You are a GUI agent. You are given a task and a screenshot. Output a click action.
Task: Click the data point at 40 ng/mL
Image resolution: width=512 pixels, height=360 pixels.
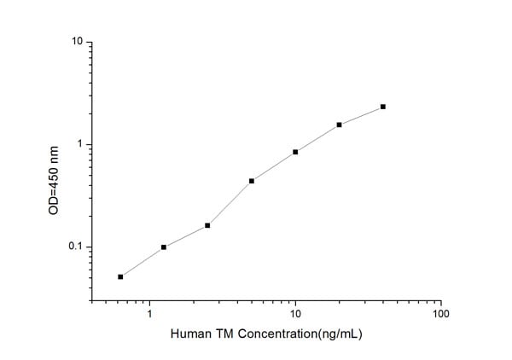click(383, 107)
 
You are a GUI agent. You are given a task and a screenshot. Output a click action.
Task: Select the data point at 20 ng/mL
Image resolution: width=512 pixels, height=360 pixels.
click(339, 125)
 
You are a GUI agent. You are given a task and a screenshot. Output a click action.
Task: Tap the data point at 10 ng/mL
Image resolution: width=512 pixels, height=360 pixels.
click(295, 152)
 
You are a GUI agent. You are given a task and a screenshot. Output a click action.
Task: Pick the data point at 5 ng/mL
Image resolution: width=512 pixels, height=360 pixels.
click(252, 181)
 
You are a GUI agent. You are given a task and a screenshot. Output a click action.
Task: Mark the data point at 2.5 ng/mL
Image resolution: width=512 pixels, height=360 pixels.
click(207, 225)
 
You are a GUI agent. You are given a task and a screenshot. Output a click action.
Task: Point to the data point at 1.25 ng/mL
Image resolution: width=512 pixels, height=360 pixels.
click(164, 247)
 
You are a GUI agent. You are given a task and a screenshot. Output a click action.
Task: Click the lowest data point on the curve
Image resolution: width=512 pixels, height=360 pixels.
click(120, 276)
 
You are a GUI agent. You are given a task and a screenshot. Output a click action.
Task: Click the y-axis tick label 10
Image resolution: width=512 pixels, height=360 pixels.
click(78, 41)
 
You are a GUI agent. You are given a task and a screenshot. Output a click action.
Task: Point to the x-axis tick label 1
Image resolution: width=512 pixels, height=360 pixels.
click(150, 315)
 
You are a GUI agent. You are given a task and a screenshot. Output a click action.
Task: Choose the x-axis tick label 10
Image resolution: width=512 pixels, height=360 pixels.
click(295, 315)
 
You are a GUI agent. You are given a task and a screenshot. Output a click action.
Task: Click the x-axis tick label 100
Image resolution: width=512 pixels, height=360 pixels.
click(440, 315)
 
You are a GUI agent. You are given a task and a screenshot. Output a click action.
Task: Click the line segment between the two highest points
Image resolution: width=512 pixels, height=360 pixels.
click(361, 115)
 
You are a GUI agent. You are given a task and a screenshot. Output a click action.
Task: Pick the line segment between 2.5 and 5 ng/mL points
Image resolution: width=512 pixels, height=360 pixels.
click(230, 203)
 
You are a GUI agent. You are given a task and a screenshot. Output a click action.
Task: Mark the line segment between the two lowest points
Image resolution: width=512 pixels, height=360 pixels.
click(142, 262)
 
